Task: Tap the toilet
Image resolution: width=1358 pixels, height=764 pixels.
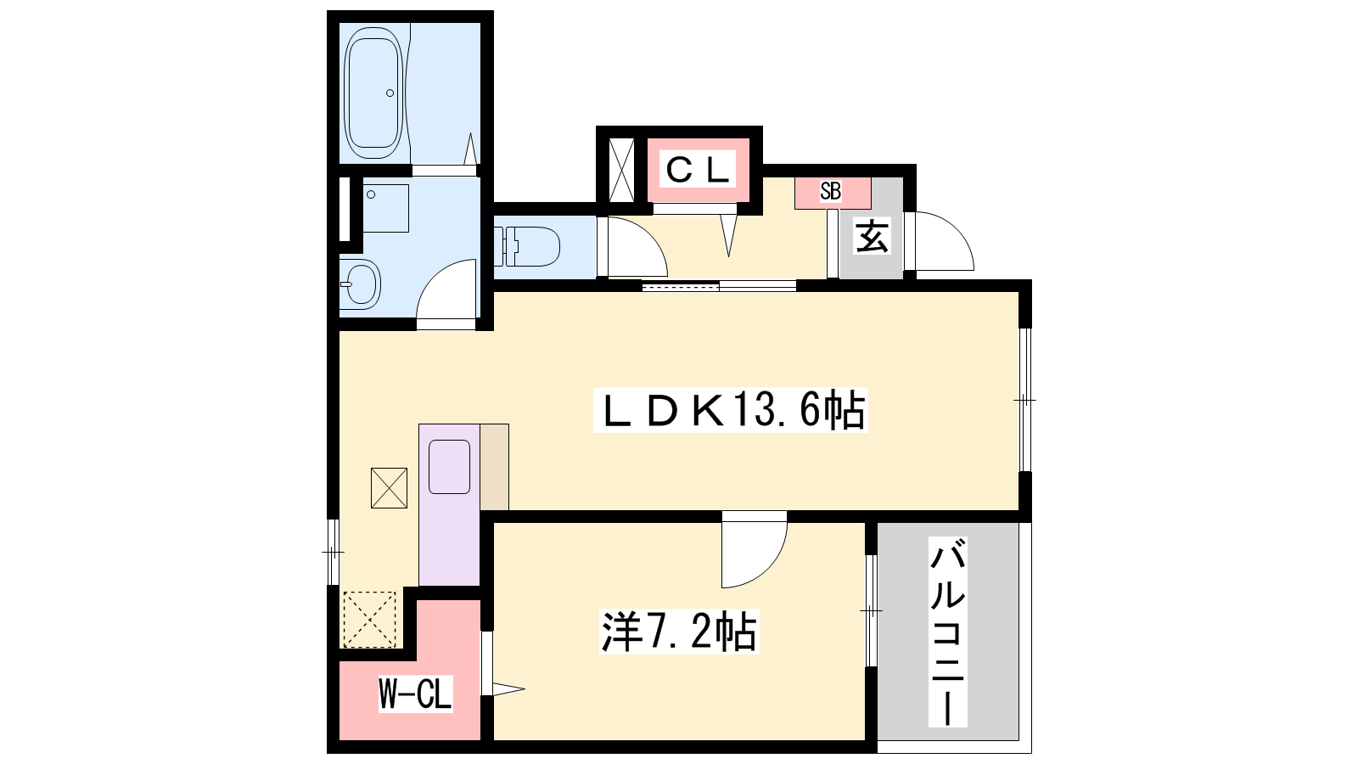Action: pos(526,246)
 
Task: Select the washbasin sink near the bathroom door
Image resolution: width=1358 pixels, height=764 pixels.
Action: pos(360,284)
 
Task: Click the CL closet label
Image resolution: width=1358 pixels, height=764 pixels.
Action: pos(698,171)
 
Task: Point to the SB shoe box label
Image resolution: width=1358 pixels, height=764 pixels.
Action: pos(831,192)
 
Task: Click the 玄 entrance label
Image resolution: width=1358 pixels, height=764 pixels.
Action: pos(872,236)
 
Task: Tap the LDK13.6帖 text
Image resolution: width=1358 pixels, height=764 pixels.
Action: pos(731,410)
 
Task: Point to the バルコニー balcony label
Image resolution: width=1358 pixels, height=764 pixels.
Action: pos(947,632)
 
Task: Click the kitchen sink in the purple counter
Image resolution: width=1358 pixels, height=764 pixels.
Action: pos(449,467)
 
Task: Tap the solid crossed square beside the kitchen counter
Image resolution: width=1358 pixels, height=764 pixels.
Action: pos(390,488)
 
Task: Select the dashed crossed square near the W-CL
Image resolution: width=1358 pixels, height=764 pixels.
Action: pos(370,619)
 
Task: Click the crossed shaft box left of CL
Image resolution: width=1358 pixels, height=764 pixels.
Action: pos(621,171)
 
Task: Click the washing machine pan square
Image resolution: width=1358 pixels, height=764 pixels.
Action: pos(385,208)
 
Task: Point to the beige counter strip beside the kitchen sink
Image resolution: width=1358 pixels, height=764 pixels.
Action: pos(495,467)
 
